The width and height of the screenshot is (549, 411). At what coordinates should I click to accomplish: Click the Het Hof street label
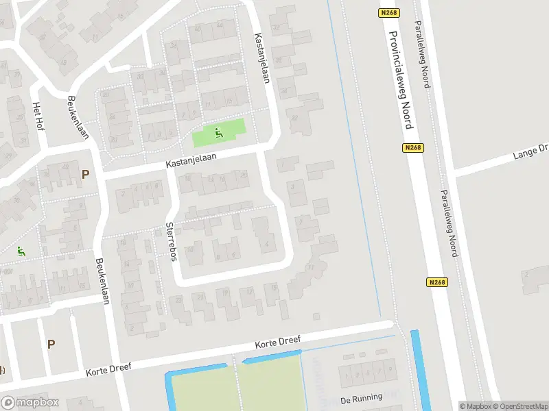38,116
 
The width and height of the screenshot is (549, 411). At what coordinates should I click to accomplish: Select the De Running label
361,399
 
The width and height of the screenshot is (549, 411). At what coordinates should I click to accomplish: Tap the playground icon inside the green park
219,133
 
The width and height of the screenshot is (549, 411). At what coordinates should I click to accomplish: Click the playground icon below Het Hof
21,251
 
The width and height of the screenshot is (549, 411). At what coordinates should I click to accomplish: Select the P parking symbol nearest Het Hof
86,175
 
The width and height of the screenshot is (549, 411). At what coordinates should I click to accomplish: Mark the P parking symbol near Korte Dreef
51,344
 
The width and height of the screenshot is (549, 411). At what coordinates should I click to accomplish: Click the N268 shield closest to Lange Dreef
412,147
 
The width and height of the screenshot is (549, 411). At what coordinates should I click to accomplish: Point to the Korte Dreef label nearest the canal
274,345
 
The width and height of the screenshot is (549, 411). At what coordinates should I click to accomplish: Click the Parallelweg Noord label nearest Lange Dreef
449,223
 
